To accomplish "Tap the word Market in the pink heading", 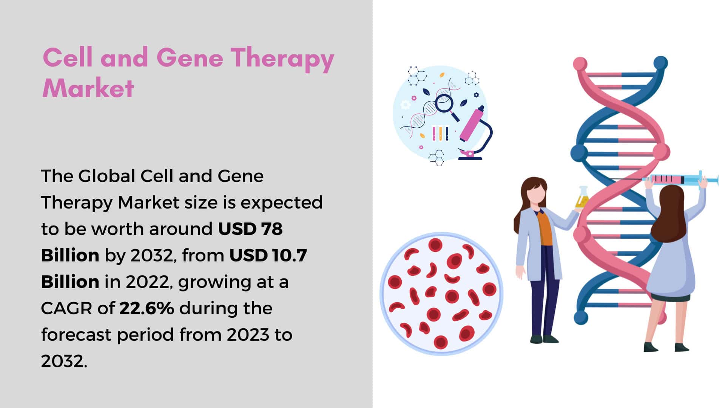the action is point(88,88).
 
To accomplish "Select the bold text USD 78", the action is point(250,229).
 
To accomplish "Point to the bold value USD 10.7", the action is point(268,255).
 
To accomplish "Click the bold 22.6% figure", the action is point(147,308).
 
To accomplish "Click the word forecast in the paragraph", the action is point(76,335).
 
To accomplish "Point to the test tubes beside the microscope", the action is point(440,133).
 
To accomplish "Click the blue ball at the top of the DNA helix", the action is point(660,63).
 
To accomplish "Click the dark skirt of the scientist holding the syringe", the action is point(672,297).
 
